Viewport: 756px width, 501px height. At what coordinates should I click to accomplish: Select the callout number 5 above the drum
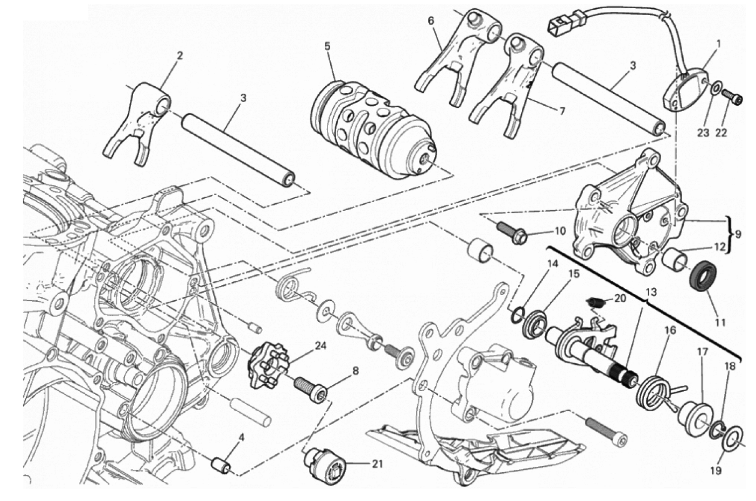[x=327, y=47]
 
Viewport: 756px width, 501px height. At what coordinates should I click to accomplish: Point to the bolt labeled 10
[x=513, y=234]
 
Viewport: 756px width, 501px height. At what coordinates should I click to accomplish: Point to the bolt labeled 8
[x=311, y=390]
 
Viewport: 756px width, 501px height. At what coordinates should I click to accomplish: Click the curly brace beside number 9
[x=729, y=234]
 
